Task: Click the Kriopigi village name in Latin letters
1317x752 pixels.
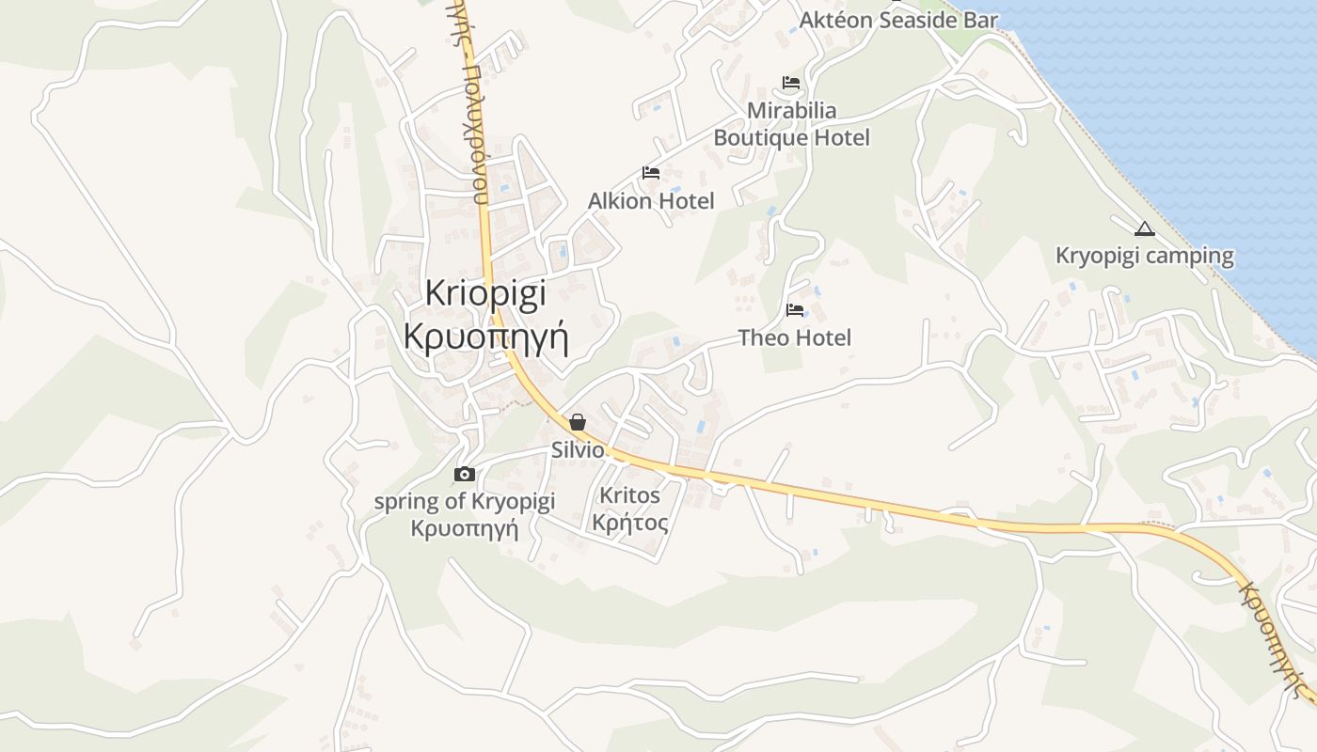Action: click(484, 293)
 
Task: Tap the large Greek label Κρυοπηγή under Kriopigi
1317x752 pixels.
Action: click(485, 336)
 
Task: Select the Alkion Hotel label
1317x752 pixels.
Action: click(651, 201)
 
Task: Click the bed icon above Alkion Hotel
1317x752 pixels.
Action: click(651, 173)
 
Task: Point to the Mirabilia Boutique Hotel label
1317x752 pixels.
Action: click(791, 124)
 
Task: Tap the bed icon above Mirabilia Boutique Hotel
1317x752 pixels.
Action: click(790, 83)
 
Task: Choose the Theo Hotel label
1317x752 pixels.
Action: click(795, 337)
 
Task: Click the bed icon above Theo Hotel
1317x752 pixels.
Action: click(795, 309)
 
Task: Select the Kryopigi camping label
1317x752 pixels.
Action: click(1144, 256)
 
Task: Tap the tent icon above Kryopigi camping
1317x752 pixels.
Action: click(1144, 228)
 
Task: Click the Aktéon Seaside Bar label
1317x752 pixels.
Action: click(898, 20)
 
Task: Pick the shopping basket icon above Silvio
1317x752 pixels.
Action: click(578, 422)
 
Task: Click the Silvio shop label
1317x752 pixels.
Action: click(577, 450)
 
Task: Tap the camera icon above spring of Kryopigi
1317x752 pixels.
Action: click(464, 475)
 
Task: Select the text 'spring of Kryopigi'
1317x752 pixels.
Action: click(465, 501)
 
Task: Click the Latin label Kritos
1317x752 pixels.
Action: click(630, 494)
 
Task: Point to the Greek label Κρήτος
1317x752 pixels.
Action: click(630, 523)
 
